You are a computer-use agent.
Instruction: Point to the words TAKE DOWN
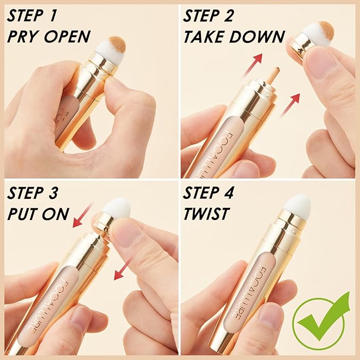coord(234,37)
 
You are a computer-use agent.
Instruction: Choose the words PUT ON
coord(38,214)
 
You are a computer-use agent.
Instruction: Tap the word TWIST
coord(206,214)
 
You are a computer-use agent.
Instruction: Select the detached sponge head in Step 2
coord(318,33)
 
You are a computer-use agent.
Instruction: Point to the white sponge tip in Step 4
coord(297,204)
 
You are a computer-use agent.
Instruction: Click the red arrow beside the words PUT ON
coord(84,214)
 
